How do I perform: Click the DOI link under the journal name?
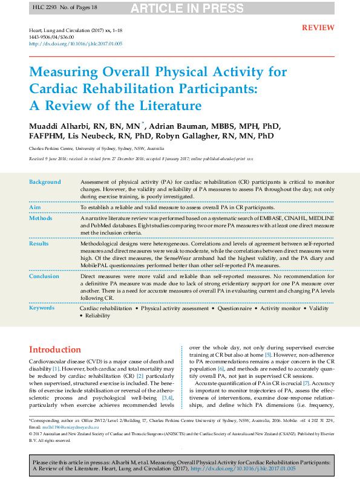[x=76, y=44]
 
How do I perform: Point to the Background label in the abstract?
[x=45, y=182]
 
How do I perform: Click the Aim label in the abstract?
[x=35, y=207]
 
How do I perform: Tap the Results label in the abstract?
[x=40, y=243]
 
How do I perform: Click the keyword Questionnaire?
[x=235, y=308]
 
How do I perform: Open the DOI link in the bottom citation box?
[x=243, y=469]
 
